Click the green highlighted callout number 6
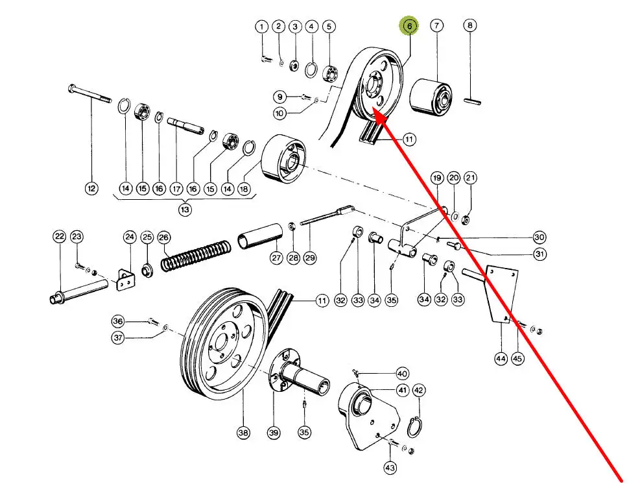click(409, 27)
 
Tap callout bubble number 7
click(436, 26)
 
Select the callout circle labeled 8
click(469, 26)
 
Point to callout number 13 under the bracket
click(185, 209)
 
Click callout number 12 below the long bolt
click(91, 188)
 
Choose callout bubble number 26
click(163, 237)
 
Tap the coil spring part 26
click(196, 255)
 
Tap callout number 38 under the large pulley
click(243, 433)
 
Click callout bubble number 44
click(500, 358)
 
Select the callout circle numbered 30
click(540, 237)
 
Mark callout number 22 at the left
click(60, 236)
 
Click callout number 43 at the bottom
click(390, 467)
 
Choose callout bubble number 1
click(261, 27)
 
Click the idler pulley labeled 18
click(283, 160)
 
